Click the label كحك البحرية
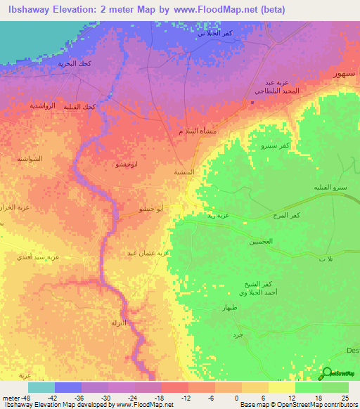pyautogui.click(x=76, y=63)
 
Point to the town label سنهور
pyautogui.click(x=342, y=73)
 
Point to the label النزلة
pyautogui.click(x=117, y=323)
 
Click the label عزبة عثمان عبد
pyautogui.click(x=148, y=252)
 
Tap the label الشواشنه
pyautogui.click(x=30, y=159)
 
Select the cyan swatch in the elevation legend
pyautogui.click(x=41, y=387)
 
